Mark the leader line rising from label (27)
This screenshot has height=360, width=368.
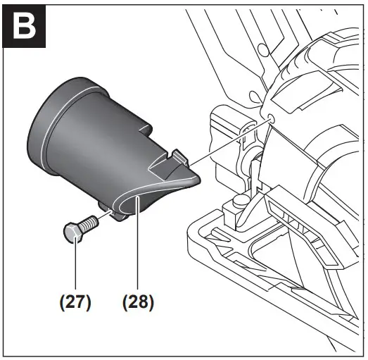74,268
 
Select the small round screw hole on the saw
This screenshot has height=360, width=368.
270,113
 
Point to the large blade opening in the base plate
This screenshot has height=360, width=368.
281,275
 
